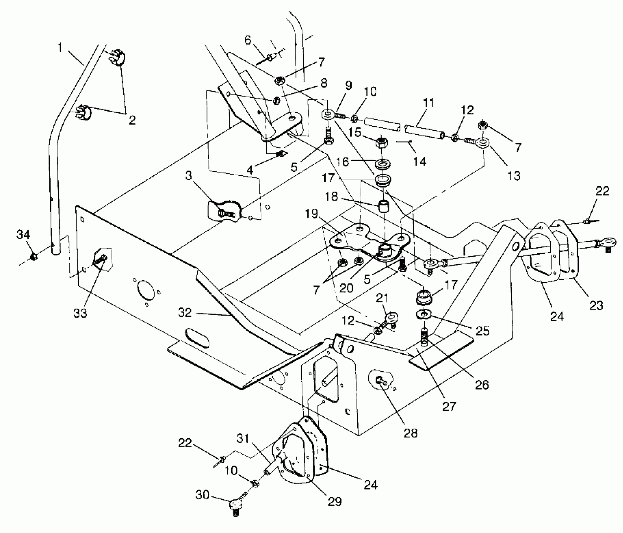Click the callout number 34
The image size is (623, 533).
coord(23,234)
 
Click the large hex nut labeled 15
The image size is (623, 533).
coord(382,144)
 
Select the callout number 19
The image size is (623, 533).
coord(312,214)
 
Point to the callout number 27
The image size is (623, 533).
coord(449,407)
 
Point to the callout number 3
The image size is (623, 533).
coord(188,176)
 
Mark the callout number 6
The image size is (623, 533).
coord(248,40)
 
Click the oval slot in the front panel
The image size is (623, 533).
coord(197,337)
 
